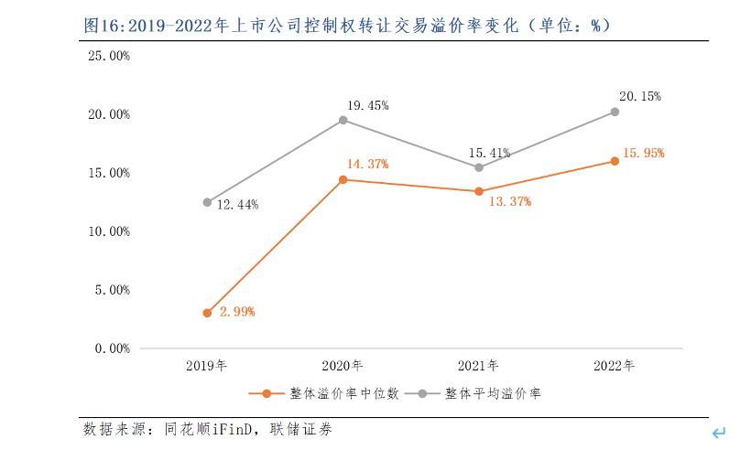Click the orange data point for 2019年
pos(207,313)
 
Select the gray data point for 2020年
pos(343,120)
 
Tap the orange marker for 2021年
pos(479,191)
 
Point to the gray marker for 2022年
pos(615,112)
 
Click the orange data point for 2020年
pos(343,179)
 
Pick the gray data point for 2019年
pos(207,202)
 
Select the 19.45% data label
pos(368,105)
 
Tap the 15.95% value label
pos(643,153)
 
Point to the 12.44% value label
pos(237,205)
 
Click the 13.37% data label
pos(509,201)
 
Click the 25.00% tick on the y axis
pos(109,56)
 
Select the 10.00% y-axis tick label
pos(109,231)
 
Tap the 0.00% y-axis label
pos(113,348)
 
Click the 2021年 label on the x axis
pos(478,366)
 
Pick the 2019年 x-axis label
pos(207,366)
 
